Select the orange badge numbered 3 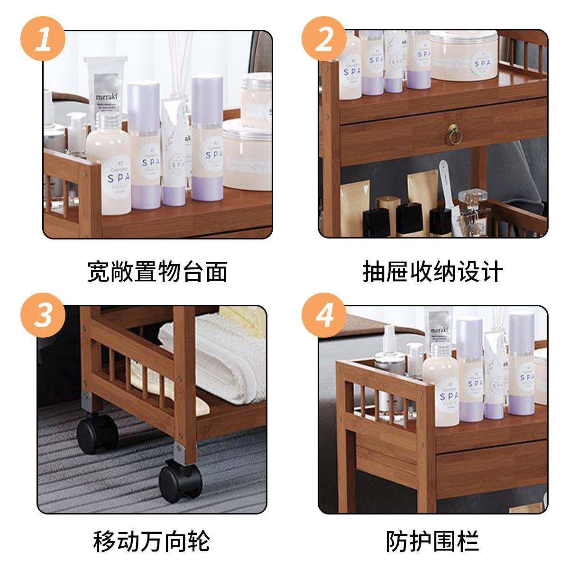click(43, 314)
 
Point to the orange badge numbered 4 click(324, 314)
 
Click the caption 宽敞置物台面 click(157, 272)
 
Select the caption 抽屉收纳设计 click(432, 272)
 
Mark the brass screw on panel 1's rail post click(84, 174)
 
